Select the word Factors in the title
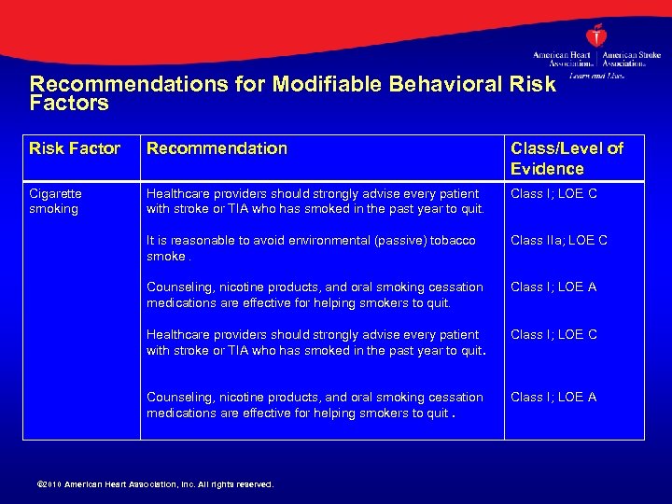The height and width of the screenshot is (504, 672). pyautogui.click(x=69, y=103)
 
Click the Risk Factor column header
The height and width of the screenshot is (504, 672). pyautogui.click(x=75, y=147)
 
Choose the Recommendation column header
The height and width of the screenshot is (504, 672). pyautogui.click(x=217, y=147)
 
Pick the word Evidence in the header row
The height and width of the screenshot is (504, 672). pyautogui.click(x=547, y=169)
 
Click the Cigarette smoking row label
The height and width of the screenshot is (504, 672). pyautogui.click(x=55, y=201)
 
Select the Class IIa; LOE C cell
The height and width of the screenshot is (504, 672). pyautogui.click(x=559, y=240)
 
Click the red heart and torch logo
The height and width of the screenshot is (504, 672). pyautogui.click(x=595, y=35)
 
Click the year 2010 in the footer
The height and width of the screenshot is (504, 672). pyautogui.click(x=52, y=484)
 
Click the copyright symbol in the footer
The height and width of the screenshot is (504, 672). pyautogui.click(x=38, y=484)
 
